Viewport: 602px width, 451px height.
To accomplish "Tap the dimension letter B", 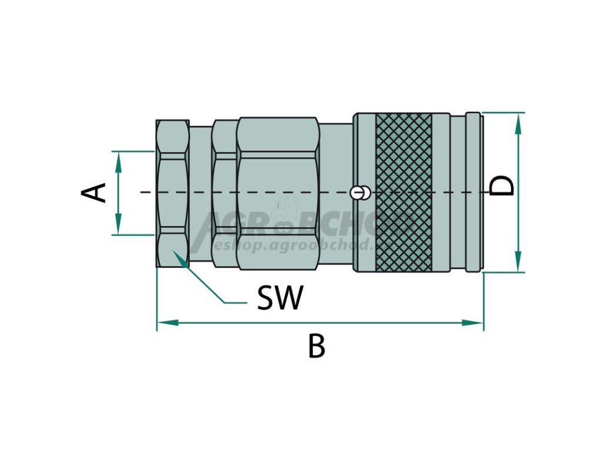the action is pos(316,346).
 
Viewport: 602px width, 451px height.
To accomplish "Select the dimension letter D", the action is pos(502,186).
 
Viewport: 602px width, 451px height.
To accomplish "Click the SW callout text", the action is pos(280,298).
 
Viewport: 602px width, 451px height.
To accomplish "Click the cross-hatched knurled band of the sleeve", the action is pos(403,192).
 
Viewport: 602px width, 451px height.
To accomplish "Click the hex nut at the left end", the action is pos(173,192).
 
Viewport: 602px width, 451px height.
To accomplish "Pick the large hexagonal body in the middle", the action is pos(277,192).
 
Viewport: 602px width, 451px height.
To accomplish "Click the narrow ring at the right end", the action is pos(473,192).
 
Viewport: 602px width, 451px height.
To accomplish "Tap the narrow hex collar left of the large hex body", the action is pos(224,192).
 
